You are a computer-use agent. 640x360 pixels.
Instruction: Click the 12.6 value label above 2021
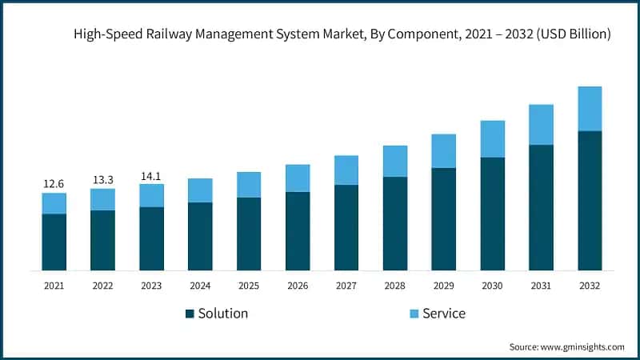click(54, 184)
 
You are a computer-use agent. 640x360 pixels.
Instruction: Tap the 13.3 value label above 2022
click(102, 180)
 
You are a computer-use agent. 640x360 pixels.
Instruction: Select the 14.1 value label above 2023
click(151, 175)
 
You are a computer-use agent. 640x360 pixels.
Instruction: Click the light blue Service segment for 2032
click(590, 109)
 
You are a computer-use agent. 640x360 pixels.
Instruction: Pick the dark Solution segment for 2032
click(590, 200)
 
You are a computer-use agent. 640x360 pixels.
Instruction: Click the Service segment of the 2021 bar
click(54, 203)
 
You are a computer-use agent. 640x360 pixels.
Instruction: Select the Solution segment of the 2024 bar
click(200, 236)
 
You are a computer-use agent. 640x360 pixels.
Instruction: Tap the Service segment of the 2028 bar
click(395, 161)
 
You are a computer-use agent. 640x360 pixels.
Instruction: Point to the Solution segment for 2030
click(492, 214)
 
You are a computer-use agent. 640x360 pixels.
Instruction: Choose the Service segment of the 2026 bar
click(298, 178)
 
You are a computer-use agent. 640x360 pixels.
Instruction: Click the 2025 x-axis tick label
click(249, 286)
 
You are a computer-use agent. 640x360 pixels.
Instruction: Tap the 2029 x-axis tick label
click(443, 286)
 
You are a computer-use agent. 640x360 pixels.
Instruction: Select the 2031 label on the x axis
click(541, 286)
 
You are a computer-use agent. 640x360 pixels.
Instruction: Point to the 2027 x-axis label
click(346, 286)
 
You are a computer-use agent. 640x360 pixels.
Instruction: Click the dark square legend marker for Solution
click(190, 314)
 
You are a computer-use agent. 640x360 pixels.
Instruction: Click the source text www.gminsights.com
click(582, 346)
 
